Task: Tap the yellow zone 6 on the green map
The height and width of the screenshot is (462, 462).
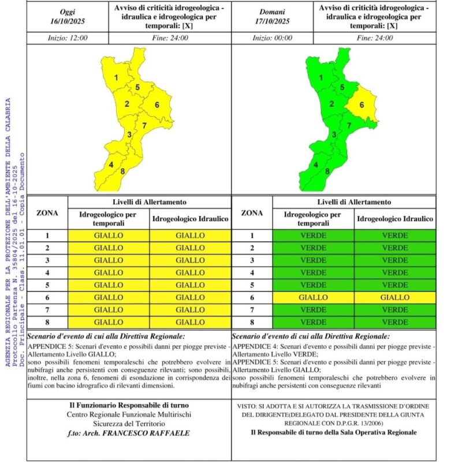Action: (x=362, y=105)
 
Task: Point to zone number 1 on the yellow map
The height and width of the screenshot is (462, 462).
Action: (x=117, y=77)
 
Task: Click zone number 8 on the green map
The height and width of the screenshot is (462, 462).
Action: (x=328, y=171)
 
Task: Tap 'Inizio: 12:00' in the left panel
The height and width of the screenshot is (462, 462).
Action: (x=66, y=38)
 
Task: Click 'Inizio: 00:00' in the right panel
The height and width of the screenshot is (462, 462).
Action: (x=272, y=38)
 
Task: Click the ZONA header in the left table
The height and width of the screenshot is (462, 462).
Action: (x=47, y=213)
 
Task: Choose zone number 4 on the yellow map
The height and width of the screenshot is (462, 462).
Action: (x=111, y=165)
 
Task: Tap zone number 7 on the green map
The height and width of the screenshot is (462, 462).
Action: (x=349, y=125)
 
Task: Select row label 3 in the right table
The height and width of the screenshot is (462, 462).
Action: (x=252, y=260)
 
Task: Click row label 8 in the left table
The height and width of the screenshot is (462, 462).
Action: (x=47, y=322)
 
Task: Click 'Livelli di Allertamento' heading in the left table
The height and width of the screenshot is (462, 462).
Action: (x=150, y=202)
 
